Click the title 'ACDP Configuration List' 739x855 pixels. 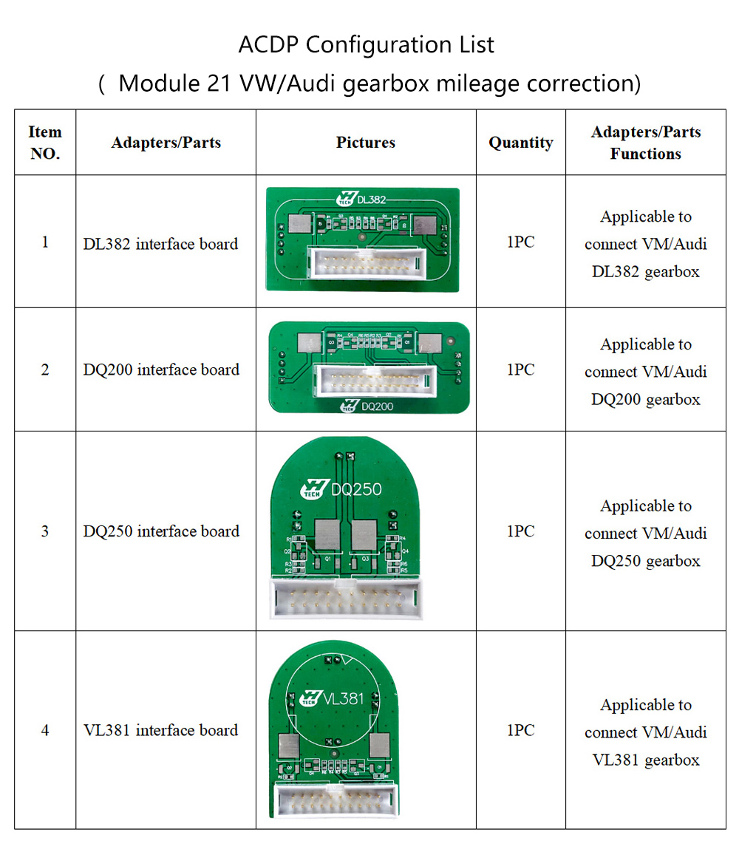(x=366, y=45)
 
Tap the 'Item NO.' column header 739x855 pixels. (x=45, y=143)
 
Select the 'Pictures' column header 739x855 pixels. (x=366, y=143)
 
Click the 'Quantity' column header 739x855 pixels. (x=520, y=143)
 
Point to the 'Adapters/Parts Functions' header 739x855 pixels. (x=645, y=143)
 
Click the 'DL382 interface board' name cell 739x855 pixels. (x=160, y=243)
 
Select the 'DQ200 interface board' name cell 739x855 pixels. (x=161, y=369)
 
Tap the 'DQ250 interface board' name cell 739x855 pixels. (x=161, y=531)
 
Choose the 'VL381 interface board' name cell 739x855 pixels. (x=160, y=730)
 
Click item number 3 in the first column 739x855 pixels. (x=45, y=531)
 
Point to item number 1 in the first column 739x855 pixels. (x=45, y=242)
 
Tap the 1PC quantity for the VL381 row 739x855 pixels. (x=520, y=730)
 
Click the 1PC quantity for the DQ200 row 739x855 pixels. (x=520, y=369)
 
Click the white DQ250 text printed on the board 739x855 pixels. (x=356, y=489)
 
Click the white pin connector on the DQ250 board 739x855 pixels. (x=347, y=598)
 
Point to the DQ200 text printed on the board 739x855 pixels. (x=376, y=406)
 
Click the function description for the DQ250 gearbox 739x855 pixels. (x=645, y=533)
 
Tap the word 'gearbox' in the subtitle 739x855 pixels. (x=395, y=84)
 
